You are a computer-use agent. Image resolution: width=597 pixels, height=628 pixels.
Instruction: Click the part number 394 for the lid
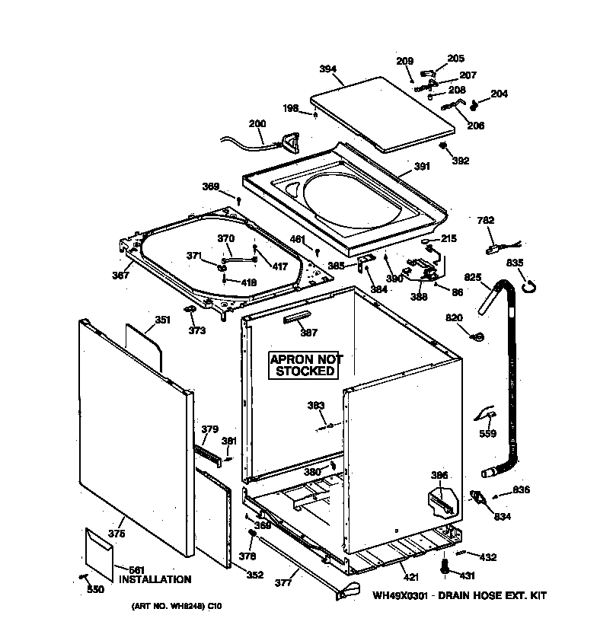tap(327, 69)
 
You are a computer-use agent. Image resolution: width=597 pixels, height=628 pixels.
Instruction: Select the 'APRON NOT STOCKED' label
tap(305, 365)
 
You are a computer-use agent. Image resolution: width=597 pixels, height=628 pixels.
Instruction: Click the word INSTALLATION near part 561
tap(155, 580)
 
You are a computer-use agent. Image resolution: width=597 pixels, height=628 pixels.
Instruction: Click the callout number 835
tap(515, 263)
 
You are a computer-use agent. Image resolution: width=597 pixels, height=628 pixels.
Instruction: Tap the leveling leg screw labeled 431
tap(443, 566)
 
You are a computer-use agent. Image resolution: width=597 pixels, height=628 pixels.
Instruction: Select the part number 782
tap(486, 221)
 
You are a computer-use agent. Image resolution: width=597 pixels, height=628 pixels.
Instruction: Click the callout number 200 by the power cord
tap(257, 124)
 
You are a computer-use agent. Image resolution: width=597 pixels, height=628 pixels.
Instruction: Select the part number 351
tap(162, 320)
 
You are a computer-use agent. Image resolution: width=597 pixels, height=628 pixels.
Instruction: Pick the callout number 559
tap(487, 434)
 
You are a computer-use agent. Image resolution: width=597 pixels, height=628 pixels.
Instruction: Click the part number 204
tap(499, 94)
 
